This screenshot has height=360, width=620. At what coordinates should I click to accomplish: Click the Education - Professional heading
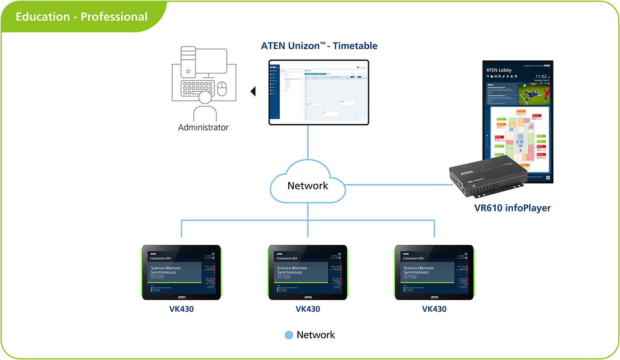[82, 17]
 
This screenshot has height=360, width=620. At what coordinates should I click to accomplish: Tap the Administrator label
[203, 127]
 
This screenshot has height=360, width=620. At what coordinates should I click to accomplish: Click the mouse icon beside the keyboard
[222, 89]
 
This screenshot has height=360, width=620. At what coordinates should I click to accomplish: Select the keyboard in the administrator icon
[198, 88]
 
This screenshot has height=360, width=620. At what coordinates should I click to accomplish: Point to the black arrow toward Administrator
[253, 92]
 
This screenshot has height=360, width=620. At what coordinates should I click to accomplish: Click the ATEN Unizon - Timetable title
[319, 46]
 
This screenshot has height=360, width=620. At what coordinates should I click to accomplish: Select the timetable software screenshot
[318, 92]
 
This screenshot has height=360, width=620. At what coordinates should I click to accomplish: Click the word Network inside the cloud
[308, 185]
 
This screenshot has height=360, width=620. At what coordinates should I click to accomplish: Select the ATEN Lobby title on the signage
[498, 70]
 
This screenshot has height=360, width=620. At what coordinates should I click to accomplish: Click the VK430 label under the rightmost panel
[434, 309]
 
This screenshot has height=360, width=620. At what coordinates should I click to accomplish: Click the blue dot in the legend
[289, 335]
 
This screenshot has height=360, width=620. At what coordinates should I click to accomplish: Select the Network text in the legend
[316, 335]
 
